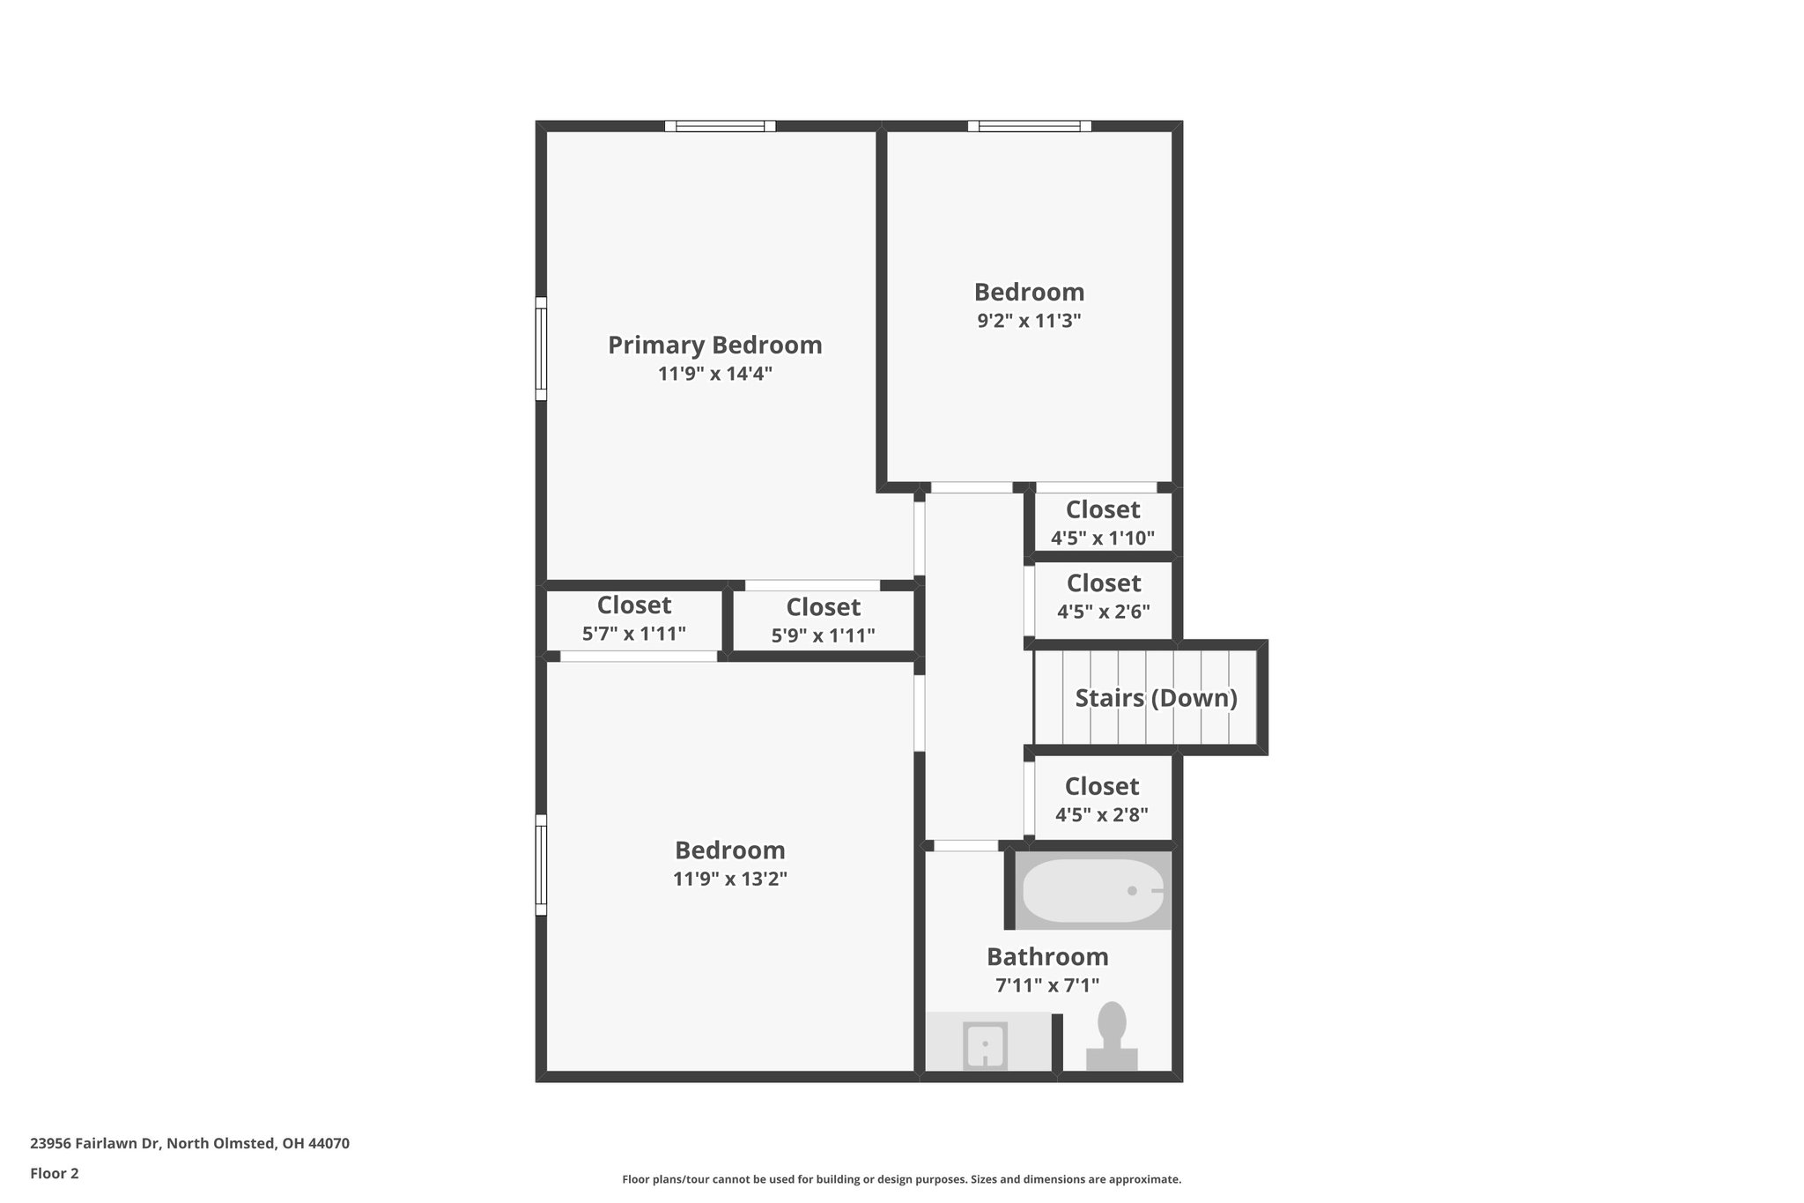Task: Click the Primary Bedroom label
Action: pos(714,345)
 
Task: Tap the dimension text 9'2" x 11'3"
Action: pos(1029,321)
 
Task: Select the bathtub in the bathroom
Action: pos(1092,891)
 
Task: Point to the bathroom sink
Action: pos(985,1046)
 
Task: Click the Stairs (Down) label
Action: pos(1156,698)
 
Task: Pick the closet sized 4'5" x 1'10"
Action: pos(1103,523)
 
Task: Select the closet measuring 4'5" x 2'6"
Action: pos(1103,597)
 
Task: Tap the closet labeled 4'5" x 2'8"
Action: pos(1102,799)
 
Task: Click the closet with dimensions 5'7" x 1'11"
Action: pos(633,619)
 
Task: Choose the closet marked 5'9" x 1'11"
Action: pos(823,620)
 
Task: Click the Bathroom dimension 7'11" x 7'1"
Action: pos(1047,985)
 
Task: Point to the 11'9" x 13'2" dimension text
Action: pos(729,879)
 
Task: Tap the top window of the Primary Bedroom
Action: pos(720,126)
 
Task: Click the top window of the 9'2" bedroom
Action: pos(1029,126)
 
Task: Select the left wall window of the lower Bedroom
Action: pos(542,865)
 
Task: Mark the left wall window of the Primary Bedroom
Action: pos(542,348)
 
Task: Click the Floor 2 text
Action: pos(55,1173)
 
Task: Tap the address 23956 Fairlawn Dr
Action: pos(189,1143)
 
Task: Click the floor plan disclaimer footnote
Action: pos(901,1179)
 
